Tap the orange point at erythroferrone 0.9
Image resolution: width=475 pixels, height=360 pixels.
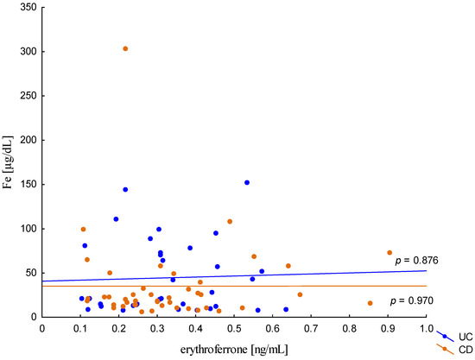[x=389, y=253]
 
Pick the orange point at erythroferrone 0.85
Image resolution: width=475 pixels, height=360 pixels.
[x=370, y=303]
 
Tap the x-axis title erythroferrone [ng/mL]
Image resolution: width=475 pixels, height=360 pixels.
[x=234, y=347]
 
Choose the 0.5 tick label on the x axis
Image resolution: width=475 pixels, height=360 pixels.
[x=234, y=328]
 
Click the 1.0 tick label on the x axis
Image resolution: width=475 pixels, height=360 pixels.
[x=426, y=328]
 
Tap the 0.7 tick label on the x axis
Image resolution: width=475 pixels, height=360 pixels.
[x=311, y=328]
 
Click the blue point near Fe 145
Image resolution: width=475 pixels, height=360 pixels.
[x=125, y=189]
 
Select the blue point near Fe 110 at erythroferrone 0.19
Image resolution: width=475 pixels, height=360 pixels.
[x=116, y=219]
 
